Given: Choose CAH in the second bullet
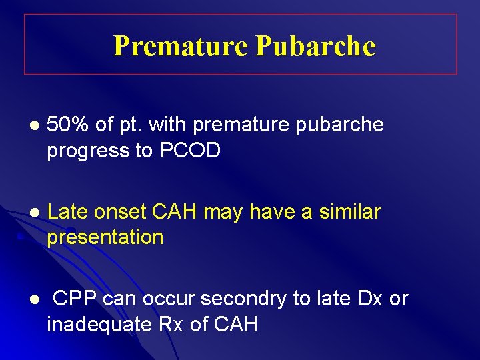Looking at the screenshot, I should click(x=175, y=212).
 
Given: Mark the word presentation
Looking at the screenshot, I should click(x=105, y=237).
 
